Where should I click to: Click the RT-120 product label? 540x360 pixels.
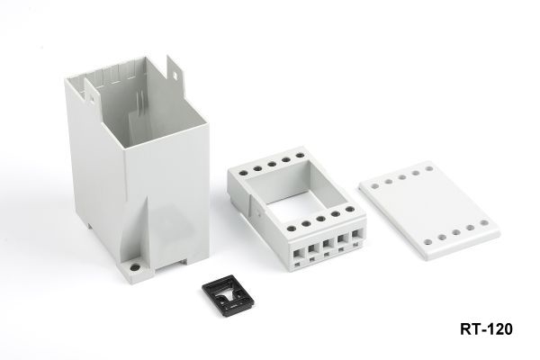tap(486, 329)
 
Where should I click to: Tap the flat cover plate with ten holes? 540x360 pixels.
tap(429, 210)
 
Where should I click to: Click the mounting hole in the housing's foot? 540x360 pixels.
tap(135, 267)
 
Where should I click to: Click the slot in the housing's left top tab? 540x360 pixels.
tap(92, 100)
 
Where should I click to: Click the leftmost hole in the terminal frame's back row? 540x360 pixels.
tap(244, 173)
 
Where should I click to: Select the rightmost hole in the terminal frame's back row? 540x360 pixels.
tap(300, 156)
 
